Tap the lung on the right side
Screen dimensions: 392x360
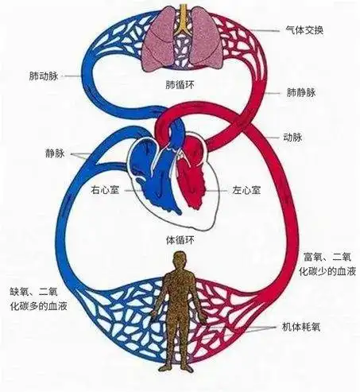[200, 40]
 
